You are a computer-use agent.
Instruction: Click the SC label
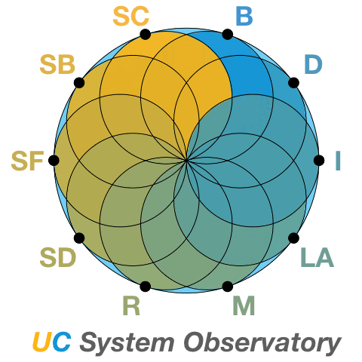[131, 17]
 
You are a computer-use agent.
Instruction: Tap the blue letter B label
[244, 17]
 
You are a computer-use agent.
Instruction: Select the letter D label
[313, 65]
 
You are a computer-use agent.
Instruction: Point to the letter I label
[338, 161]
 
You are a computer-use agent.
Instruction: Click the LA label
[318, 257]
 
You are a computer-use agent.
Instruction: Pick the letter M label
[244, 305]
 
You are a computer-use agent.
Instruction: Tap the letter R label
[131, 305]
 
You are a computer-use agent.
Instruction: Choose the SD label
[58, 257]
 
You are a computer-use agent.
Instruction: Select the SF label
[27, 161]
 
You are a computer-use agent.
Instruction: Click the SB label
[57, 65]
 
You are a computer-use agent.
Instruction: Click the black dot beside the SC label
[146, 35]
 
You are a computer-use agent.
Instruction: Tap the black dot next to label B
[228, 35]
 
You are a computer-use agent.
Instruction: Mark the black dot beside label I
[319, 161]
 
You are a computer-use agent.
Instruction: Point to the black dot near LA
[293, 238]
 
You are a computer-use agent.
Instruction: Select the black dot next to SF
[54, 161]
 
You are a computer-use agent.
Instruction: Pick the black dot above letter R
[146, 287]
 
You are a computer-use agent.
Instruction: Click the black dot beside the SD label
[79, 238]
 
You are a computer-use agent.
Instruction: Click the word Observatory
[262, 343]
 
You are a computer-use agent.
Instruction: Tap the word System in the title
[127, 343]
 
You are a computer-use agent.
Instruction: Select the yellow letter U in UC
[41, 342]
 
